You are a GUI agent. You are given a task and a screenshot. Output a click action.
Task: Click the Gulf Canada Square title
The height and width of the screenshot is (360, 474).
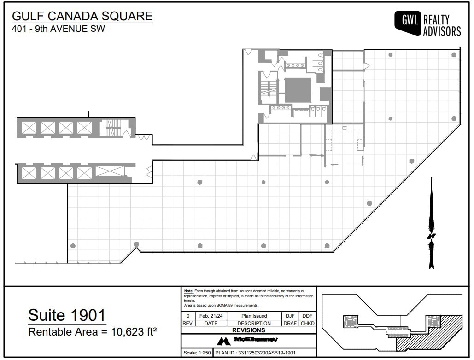pos(82,16)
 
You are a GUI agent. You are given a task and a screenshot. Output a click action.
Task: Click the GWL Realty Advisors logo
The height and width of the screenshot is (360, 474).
pos(427,24)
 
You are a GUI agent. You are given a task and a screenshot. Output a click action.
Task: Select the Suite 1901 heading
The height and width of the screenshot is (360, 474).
pos(67,315)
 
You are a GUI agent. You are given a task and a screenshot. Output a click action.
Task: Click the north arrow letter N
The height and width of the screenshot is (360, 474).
pos(431,236)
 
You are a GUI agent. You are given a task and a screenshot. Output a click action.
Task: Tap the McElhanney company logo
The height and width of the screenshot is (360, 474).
pos(249,340)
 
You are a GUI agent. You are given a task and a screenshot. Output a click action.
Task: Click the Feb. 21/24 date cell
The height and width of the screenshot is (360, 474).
pos(210,316)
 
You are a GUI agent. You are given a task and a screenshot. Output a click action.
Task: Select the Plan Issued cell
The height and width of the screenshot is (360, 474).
pos(254,316)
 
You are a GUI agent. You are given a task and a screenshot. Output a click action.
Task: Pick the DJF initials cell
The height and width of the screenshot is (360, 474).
pos(290,316)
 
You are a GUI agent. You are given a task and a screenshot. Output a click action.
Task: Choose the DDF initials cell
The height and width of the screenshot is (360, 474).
pos(307,316)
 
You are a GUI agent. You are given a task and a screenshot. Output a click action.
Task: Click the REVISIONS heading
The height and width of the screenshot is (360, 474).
pos(248,330)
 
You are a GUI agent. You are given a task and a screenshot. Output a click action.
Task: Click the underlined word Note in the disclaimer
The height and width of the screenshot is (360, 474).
pos(188,291)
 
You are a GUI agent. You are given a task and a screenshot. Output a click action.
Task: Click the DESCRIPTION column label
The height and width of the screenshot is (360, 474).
pos(254,323)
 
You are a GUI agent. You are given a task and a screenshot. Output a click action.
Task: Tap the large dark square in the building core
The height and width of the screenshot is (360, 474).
pos(298,90)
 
